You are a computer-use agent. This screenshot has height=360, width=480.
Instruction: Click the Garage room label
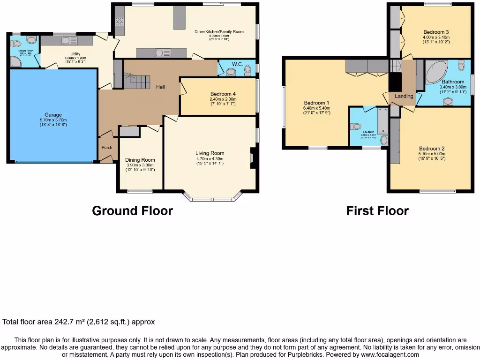click(x=53, y=115)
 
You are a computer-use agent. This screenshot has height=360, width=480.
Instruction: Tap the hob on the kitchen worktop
click(x=120, y=21)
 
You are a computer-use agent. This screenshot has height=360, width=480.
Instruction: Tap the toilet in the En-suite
click(x=355, y=126)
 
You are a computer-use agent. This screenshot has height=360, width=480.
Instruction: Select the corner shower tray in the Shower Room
click(x=16, y=61)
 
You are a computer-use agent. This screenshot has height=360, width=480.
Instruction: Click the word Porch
click(x=107, y=148)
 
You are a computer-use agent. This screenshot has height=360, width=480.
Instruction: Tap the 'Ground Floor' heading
click(x=132, y=211)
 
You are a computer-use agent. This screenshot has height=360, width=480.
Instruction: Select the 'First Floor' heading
click(x=377, y=211)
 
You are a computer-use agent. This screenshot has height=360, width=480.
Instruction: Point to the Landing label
click(x=404, y=96)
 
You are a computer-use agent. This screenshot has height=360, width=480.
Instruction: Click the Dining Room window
click(x=140, y=191)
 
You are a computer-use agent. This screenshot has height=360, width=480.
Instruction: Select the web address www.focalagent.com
click(x=390, y=355)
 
